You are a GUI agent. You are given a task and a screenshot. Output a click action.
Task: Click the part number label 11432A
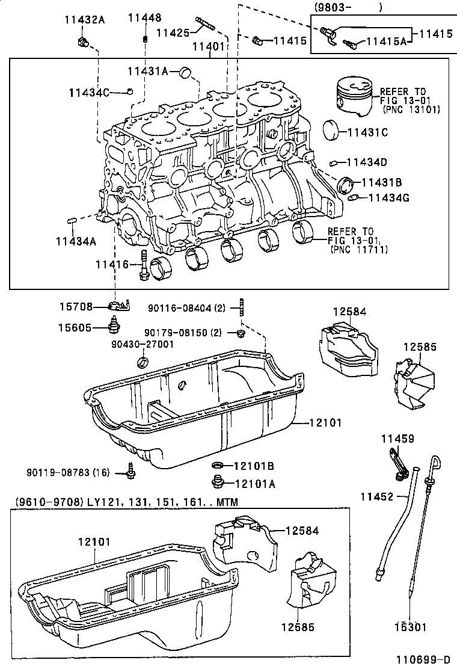click(x=85, y=19)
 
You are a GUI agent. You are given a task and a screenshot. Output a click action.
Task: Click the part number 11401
click(x=209, y=46)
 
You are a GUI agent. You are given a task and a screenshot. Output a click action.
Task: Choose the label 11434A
click(x=76, y=241)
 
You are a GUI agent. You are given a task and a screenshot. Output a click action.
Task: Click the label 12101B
click(x=254, y=466)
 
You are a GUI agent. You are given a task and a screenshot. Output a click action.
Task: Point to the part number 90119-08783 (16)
click(x=68, y=472)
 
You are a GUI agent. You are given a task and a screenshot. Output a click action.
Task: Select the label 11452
click(x=376, y=496)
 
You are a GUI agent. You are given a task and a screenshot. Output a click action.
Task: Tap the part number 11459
click(x=397, y=440)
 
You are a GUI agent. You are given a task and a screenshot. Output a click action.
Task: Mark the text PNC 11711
click(x=359, y=248)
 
